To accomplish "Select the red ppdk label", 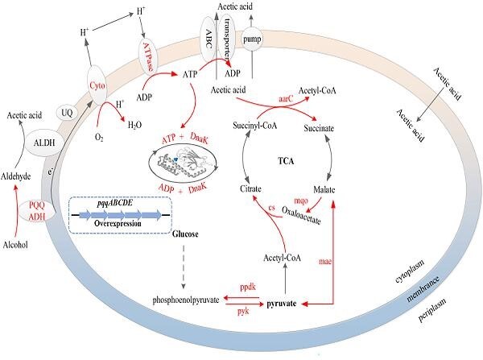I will (x=250, y=286).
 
